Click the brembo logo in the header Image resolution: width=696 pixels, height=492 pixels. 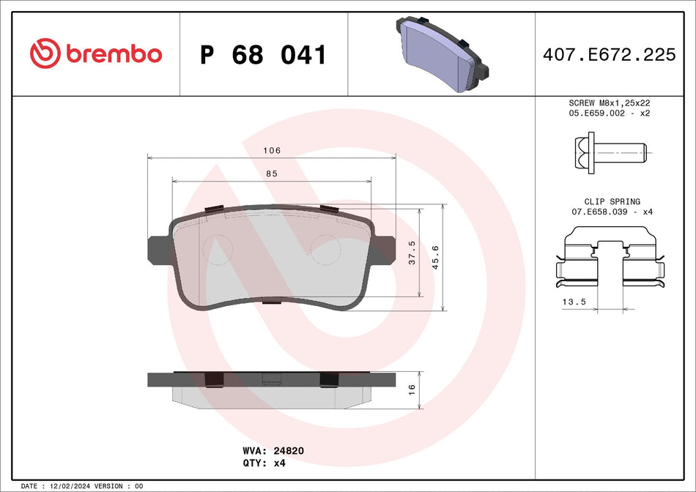click(95, 53)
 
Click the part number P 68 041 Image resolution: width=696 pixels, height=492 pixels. click(263, 55)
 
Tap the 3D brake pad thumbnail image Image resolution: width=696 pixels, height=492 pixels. click(442, 54)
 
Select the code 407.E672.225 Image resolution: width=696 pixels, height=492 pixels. click(609, 55)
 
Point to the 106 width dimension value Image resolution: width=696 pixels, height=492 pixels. click(272, 150)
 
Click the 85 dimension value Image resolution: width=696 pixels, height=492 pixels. click(272, 174)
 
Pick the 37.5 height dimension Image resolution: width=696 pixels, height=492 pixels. click(412, 252)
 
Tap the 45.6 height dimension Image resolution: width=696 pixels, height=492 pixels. click(436, 258)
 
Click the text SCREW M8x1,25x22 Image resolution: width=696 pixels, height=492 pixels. click(610, 103)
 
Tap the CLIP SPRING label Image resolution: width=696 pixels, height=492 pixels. click(612, 201)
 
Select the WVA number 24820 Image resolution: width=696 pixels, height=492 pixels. click(289, 451)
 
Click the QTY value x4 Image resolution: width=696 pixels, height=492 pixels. click(279, 463)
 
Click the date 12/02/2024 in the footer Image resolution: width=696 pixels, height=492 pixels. click(71, 486)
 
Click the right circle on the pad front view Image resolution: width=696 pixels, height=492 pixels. click(327, 250)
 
